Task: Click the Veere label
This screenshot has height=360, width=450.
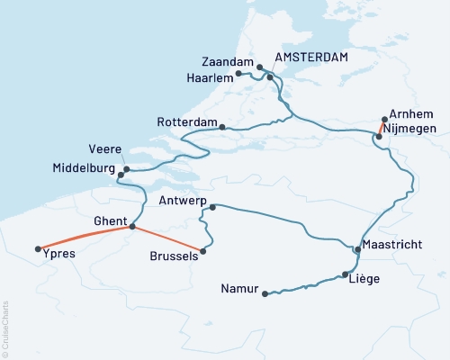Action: [105, 149]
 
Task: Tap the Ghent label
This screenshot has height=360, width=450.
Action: [110, 219]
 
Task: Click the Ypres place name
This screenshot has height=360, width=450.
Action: [59, 254]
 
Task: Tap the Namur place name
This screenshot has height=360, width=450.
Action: [238, 289]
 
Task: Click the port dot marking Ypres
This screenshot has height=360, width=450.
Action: [37, 249]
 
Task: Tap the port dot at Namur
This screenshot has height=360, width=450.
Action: [265, 293]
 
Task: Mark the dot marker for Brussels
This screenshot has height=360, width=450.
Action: [203, 251]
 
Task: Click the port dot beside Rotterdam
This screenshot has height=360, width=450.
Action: [221, 127]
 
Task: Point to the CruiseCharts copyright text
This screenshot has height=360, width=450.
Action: [6, 328]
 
